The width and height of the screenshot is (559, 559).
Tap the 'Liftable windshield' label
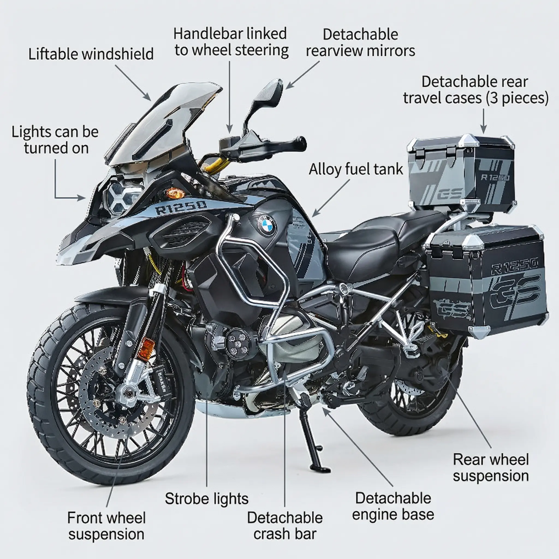point(91,54)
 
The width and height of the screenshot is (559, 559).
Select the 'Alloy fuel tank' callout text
point(356,169)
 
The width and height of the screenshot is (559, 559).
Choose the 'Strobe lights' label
point(207,498)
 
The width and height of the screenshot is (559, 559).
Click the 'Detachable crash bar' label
point(285,526)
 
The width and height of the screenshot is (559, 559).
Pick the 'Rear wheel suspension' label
point(491,468)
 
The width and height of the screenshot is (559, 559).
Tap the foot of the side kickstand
point(319,468)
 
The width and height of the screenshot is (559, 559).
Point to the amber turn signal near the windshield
point(175,193)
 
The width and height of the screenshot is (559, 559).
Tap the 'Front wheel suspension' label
point(106,526)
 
